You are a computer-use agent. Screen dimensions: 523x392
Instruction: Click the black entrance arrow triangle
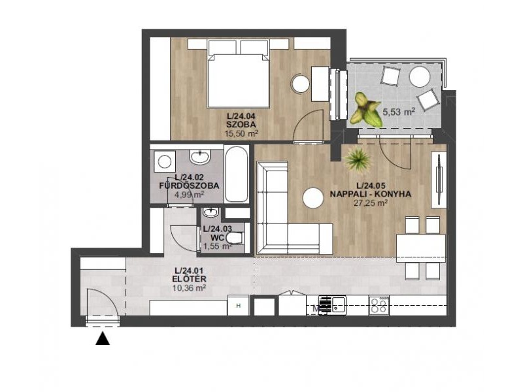[103, 338]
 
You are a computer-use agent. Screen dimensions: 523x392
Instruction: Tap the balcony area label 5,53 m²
[399, 112]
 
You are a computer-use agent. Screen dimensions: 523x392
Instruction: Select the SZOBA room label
[241, 125]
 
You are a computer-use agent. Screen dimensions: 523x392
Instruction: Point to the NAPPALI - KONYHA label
[370, 194]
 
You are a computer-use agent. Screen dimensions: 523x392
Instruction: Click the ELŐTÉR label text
[189, 280]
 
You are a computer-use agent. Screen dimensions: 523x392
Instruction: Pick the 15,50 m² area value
[242, 134]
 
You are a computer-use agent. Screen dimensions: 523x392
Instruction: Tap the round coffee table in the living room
[313, 199]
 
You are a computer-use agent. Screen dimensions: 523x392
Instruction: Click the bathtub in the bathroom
[237, 174]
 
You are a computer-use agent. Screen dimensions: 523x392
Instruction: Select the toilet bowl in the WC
[235, 238]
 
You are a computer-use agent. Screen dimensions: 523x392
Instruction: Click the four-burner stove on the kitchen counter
[379, 305]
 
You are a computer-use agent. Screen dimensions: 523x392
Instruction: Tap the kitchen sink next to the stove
[339, 305]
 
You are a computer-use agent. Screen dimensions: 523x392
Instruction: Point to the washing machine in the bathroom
[165, 161]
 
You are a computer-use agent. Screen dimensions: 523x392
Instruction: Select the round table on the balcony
[420, 77]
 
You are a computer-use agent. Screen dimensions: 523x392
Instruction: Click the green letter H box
[238, 306]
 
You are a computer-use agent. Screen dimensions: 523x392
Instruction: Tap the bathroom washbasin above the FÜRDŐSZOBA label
[200, 157]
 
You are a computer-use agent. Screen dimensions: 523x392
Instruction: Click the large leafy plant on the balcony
[365, 110]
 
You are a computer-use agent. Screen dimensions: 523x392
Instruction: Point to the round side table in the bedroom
[301, 84]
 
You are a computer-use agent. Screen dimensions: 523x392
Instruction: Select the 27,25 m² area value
[371, 203]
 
